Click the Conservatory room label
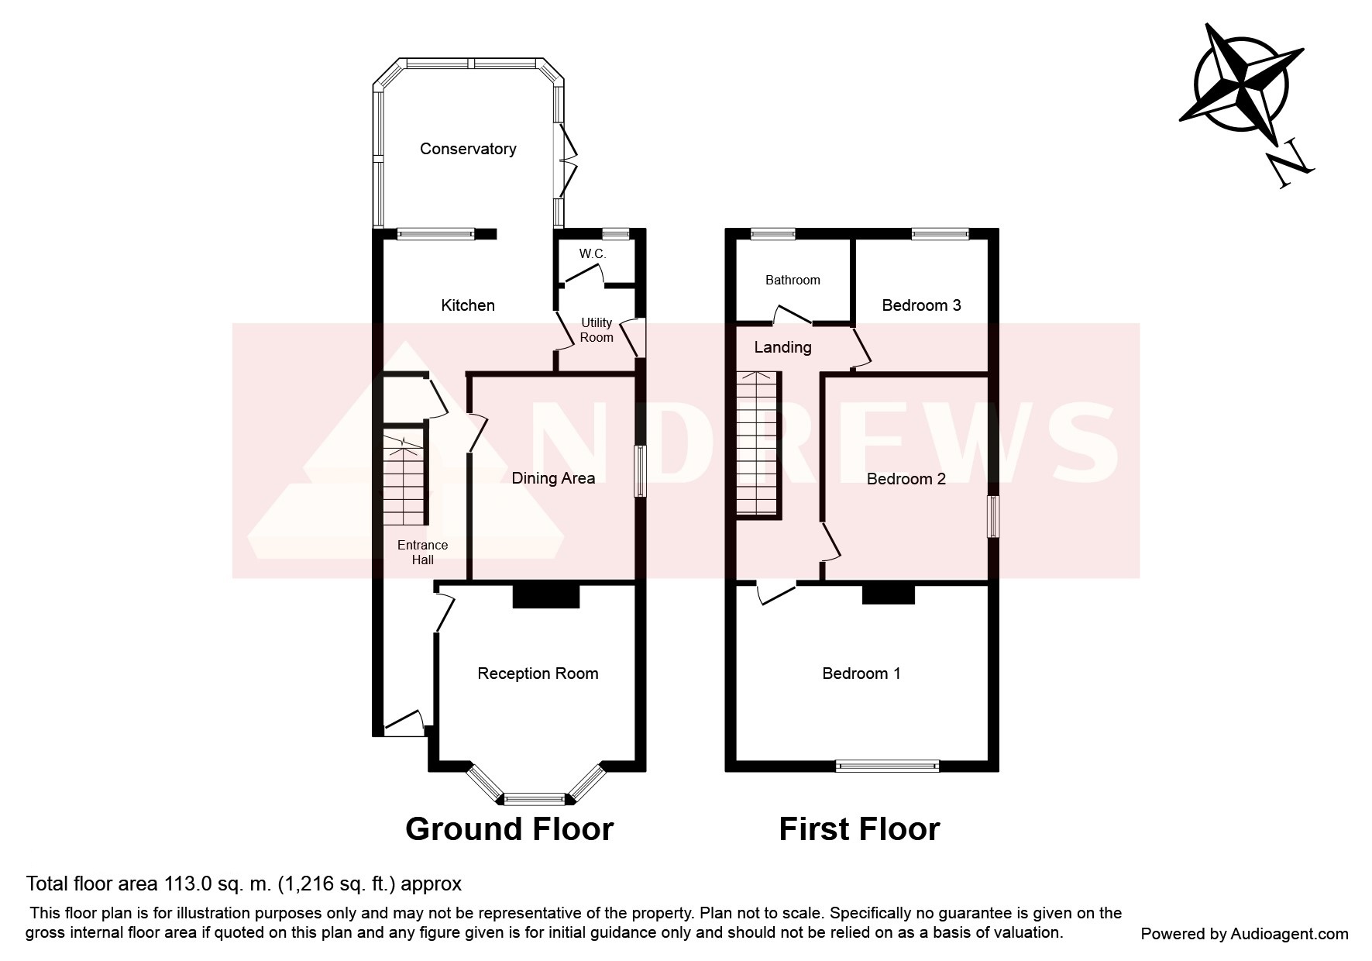[x=468, y=149]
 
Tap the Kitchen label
[x=468, y=305]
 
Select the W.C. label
[x=593, y=254]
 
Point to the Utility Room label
[x=597, y=330]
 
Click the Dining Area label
[x=553, y=478]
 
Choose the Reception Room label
[x=538, y=673]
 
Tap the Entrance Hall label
[x=422, y=553]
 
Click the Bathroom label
[x=793, y=280]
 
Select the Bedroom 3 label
[x=921, y=305]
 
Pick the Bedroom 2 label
[x=906, y=479]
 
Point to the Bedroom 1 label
[x=861, y=673]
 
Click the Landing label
[x=782, y=347]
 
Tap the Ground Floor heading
[x=509, y=829]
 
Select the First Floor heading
[x=859, y=829]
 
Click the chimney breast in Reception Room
[x=546, y=595]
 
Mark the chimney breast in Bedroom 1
[x=889, y=594]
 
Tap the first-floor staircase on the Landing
[x=758, y=444]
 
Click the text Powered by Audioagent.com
[x=1244, y=934]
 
